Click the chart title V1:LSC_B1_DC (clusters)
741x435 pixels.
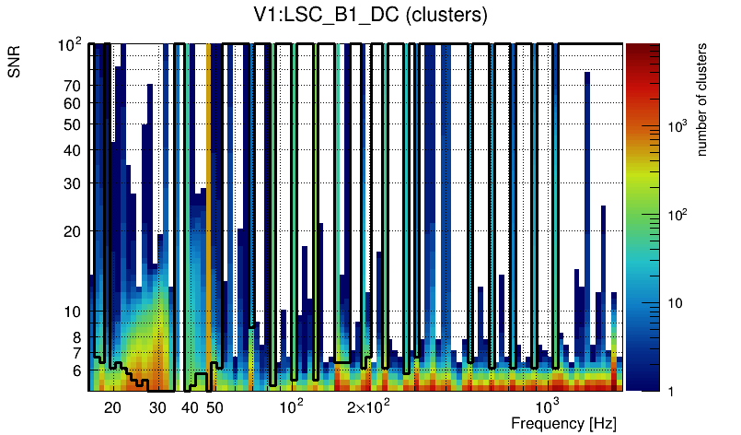[x=370, y=16]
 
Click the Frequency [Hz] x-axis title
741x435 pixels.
[x=563, y=423]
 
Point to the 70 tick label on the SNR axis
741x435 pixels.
[x=73, y=87]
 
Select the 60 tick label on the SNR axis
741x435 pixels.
[x=73, y=104]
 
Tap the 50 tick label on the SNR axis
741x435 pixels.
[x=73, y=125]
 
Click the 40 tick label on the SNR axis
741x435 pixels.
[x=73, y=151]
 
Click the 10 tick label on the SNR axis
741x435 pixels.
[x=73, y=312]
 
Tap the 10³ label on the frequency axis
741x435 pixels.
[x=547, y=406]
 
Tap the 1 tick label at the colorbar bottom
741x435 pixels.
[x=668, y=392]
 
